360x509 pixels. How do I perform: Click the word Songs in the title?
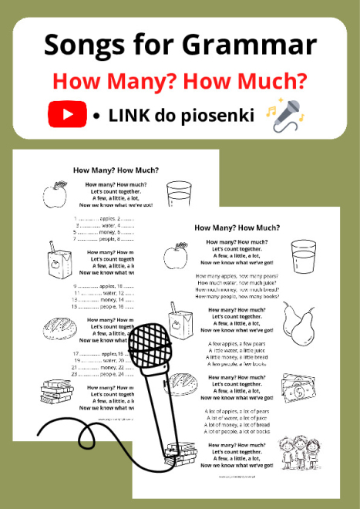click(80, 44)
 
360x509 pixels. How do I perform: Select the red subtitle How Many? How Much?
click(180, 80)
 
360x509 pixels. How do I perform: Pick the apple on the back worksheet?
click(56, 194)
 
